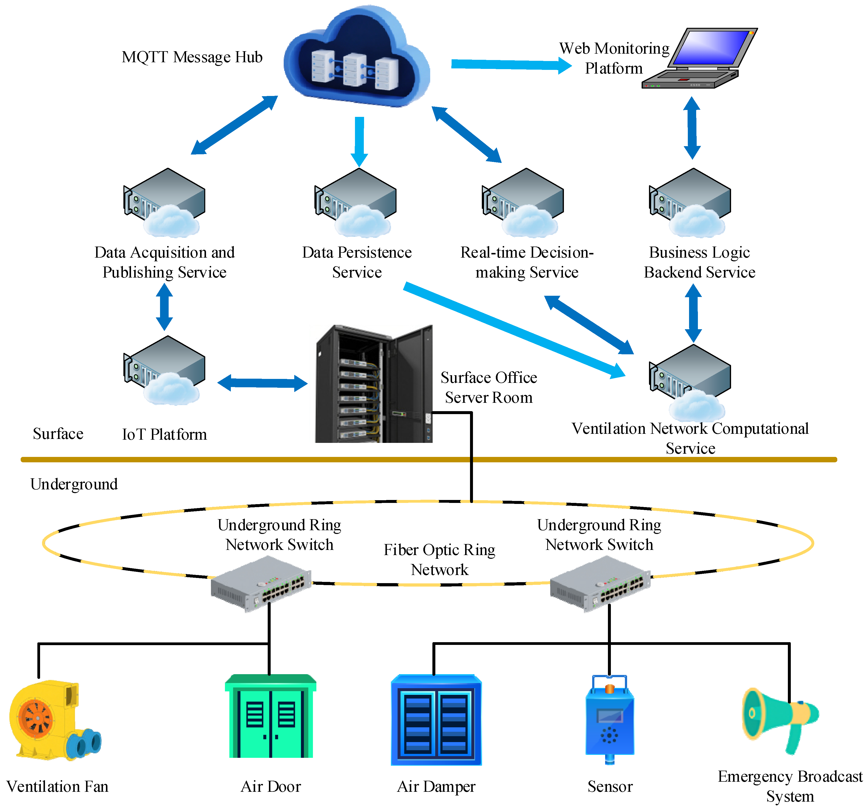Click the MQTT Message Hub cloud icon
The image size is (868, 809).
356,59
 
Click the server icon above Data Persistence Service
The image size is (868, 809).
356,201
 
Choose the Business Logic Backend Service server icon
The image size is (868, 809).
690,201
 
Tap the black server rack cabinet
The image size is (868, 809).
373,384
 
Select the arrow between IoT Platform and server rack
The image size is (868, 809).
262,383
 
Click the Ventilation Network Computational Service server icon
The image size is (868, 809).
690,380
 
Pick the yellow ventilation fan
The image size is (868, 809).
52,721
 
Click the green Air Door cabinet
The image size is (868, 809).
271,717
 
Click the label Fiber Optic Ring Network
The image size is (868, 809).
439,560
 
